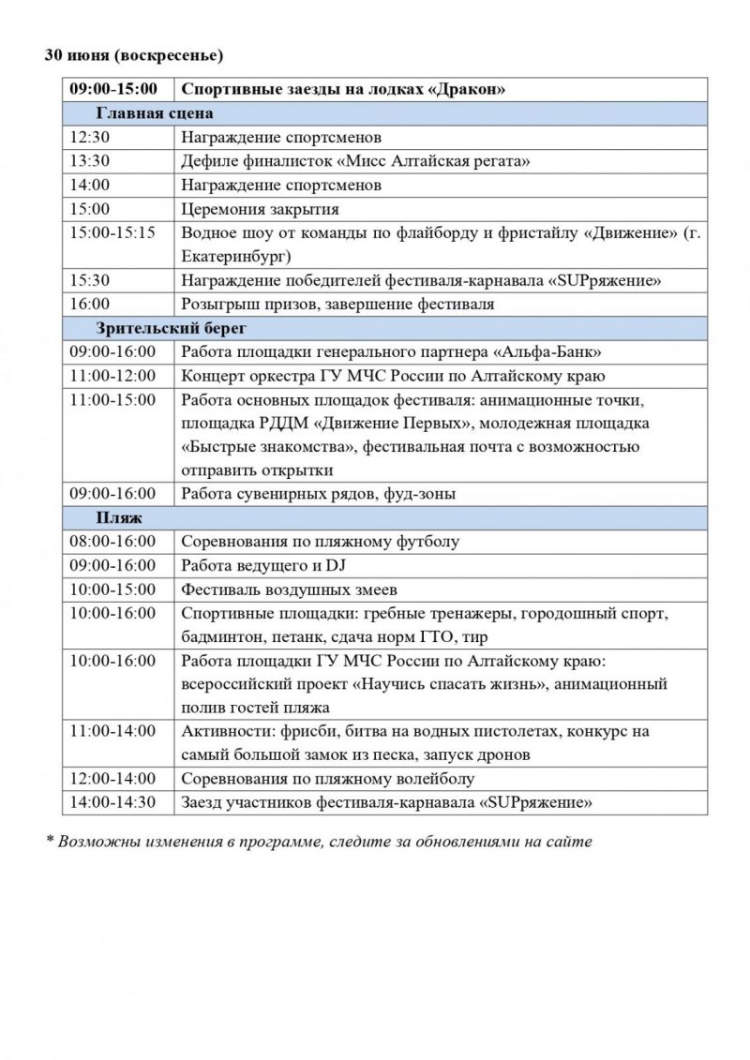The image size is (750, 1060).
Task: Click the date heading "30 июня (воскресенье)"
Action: (134, 56)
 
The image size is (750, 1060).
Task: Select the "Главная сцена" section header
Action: (154, 113)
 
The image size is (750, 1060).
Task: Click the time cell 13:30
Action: (90, 161)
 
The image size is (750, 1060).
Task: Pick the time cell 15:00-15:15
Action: (112, 231)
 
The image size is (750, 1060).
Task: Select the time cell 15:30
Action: (90, 279)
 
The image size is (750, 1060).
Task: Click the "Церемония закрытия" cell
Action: (260, 208)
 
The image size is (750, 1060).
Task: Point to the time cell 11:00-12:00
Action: (112, 376)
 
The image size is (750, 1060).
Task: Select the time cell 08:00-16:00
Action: (112, 542)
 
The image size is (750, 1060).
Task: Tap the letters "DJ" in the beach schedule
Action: (336, 566)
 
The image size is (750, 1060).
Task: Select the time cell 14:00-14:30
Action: (112, 802)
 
